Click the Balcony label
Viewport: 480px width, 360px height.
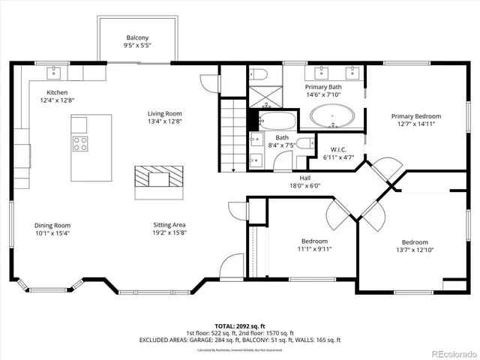137,38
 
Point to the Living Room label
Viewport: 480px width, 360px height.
165,113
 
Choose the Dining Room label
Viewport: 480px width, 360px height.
52,225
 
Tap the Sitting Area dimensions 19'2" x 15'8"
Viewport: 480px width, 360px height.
169,232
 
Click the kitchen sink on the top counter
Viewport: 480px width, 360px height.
55,73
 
